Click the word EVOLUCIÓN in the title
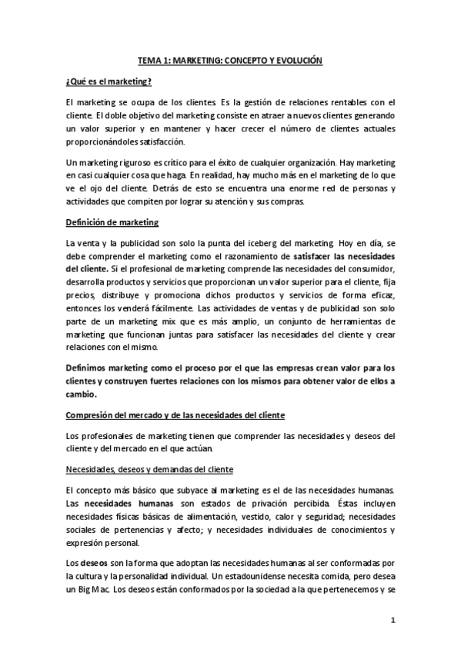point(296,60)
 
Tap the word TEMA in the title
point(149,60)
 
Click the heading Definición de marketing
point(112,223)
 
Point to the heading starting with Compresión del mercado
point(175,416)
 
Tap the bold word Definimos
point(89,368)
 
